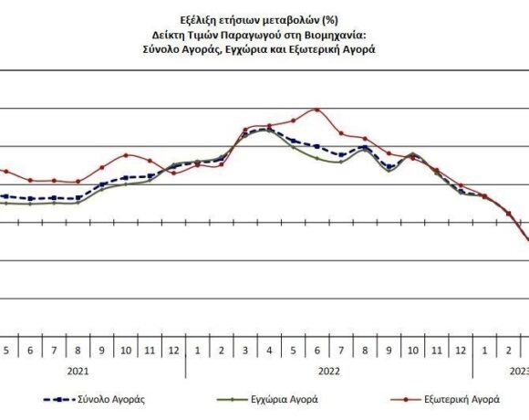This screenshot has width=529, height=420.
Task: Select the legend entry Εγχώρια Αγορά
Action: pos(286,399)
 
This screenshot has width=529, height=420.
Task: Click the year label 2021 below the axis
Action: pos(78,371)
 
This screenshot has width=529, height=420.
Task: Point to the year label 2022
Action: pos(328,371)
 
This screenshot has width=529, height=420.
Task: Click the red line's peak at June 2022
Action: pos(316,110)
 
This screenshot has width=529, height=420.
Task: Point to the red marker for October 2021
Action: pos(126,155)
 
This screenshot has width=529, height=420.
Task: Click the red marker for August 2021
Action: pos(78,182)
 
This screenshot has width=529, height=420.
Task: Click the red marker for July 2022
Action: pos(340,133)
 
